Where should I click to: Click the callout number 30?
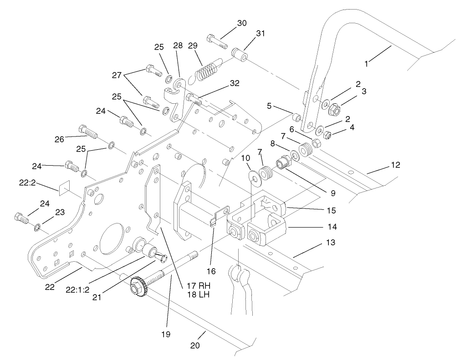coord(242,23)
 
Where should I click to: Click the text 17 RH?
coord(198,286)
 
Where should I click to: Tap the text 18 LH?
coord(198,295)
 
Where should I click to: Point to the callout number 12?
coord(395,165)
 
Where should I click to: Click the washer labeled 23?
coord(36,226)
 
